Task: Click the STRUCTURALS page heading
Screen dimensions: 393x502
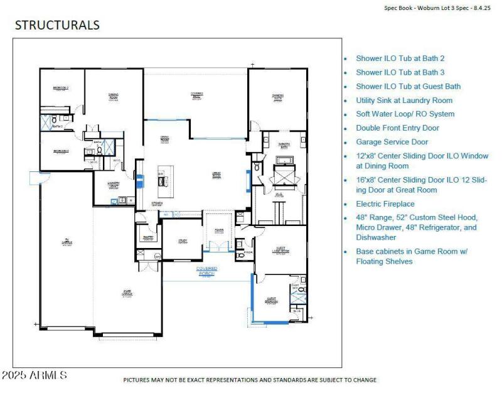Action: (57, 26)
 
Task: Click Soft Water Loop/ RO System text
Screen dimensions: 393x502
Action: (405, 114)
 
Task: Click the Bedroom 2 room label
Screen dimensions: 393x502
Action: (60, 89)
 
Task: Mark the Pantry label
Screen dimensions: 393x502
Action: (149, 237)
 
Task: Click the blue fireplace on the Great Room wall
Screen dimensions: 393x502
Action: (248, 177)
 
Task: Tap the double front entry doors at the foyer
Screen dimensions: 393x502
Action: (219, 250)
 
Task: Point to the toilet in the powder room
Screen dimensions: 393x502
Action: (240, 256)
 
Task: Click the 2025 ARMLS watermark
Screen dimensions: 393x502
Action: (35, 375)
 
